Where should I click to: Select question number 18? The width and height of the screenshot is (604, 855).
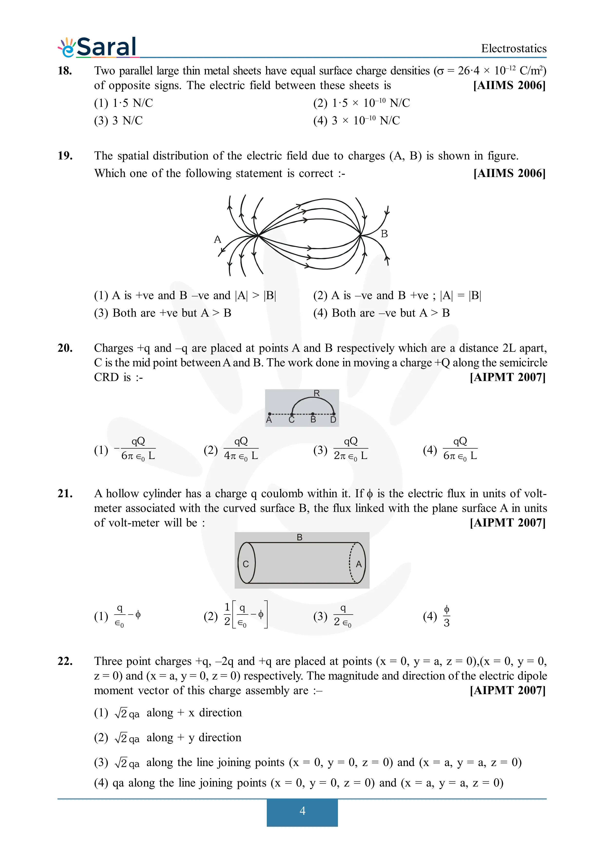point(65,70)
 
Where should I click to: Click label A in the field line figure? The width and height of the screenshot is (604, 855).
point(217,239)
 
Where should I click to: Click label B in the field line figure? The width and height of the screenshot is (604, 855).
point(384,234)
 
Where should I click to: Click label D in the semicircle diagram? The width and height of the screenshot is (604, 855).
point(333,420)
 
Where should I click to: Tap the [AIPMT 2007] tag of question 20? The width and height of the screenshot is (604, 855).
point(507,377)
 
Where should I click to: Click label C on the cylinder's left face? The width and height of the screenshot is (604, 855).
point(246,564)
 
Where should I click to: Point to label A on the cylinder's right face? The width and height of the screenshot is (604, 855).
point(358,564)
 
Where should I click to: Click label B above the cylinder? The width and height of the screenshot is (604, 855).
point(300,537)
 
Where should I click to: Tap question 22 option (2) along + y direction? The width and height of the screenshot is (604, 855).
point(167,738)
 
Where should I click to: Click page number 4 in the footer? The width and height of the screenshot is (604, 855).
point(302,811)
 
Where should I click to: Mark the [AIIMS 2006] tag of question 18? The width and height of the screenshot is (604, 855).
point(509,86)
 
